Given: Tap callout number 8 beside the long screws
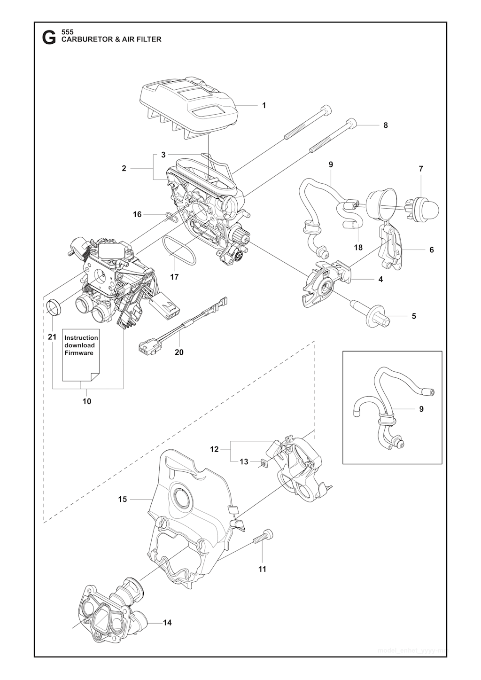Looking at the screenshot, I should pyautogui.click(x=386, y=125).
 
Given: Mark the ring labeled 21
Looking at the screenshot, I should pyautogui.click(x=55, y=308).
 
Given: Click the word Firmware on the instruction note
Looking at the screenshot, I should pyautogui.click(x=78, y=352).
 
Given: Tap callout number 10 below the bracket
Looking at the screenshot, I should pyautogui.click(x=87, y=401).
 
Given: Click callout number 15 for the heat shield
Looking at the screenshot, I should pyautogui.click(x=123, y=499).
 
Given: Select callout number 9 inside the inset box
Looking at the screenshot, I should pyautogui.click(x=421, y=409).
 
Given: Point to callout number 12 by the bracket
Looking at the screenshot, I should pyautogui.click(x=214, y=449).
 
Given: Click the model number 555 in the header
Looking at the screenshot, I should pyautogui.click(x=68, y=31).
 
